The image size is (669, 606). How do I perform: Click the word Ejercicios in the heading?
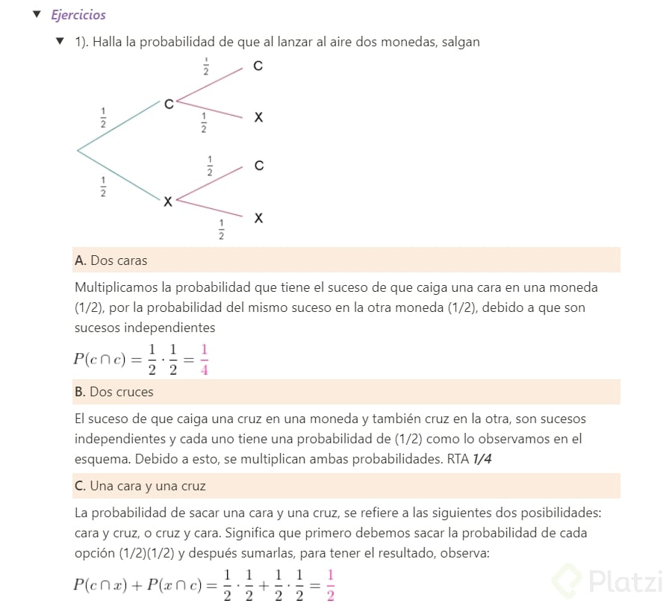(78, 15)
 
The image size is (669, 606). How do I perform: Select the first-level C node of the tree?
(169, 104)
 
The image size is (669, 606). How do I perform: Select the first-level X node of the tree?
(167, 202)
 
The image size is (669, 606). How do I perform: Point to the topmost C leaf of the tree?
(258, 66)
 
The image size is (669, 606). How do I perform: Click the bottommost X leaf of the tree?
(258, 218)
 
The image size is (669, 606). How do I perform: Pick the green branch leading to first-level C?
(119, 127)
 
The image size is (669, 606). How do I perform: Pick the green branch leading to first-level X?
(119, 176)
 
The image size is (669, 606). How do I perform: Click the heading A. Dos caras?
(111, 261)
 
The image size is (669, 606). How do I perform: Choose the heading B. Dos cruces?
(114, 392)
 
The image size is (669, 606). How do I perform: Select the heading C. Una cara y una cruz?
(140, 486)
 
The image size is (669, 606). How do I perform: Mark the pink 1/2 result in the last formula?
(331, 584)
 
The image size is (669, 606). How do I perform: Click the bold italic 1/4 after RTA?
(482, 459)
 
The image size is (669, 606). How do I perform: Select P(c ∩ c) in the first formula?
(101, 359)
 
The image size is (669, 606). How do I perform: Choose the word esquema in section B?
(99, 459)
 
